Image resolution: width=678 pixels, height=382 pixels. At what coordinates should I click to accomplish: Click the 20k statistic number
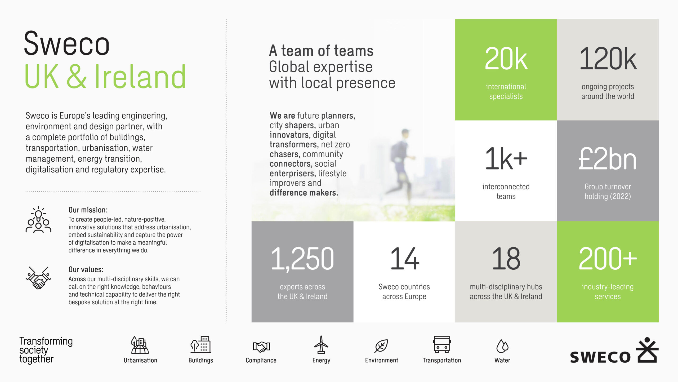506,59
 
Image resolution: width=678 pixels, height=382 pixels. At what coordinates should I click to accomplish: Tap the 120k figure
608,59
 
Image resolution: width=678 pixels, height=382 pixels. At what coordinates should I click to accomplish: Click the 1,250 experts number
302,259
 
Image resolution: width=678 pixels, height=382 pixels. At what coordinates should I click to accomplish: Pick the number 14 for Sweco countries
404,259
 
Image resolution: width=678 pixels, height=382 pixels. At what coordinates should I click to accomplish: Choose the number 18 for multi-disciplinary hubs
506,259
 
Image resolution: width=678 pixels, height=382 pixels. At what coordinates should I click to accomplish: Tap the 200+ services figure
608,259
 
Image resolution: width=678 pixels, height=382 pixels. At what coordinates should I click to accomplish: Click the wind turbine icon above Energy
321,344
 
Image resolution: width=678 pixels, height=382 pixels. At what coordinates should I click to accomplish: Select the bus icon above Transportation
442,344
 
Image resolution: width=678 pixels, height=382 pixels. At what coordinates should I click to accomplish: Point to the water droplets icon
502,346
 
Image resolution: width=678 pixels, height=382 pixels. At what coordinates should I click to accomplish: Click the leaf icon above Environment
381,346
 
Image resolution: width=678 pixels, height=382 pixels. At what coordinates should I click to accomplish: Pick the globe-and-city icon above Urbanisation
140,345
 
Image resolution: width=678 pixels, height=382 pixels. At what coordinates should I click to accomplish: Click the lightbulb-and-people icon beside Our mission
38,220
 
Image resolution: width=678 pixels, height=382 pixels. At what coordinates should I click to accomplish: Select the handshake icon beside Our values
38,278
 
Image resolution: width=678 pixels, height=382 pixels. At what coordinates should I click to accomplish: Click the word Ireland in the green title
140,77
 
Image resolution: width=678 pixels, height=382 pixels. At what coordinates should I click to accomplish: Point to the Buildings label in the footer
201,360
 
